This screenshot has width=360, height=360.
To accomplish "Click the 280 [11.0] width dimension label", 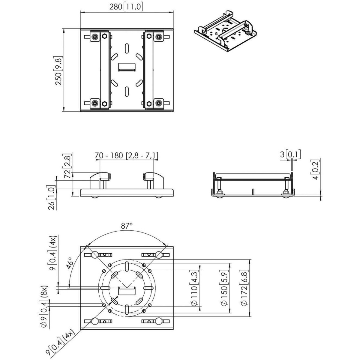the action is coord(126,7).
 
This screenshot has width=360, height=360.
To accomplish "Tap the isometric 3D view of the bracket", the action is coord(226,31).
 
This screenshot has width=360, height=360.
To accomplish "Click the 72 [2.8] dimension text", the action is coord(67,166).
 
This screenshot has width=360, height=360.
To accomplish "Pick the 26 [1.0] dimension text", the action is coord(52,198).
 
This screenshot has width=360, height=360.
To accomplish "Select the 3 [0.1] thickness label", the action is coord(290,155).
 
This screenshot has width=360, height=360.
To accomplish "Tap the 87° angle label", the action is coord(127,226).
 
